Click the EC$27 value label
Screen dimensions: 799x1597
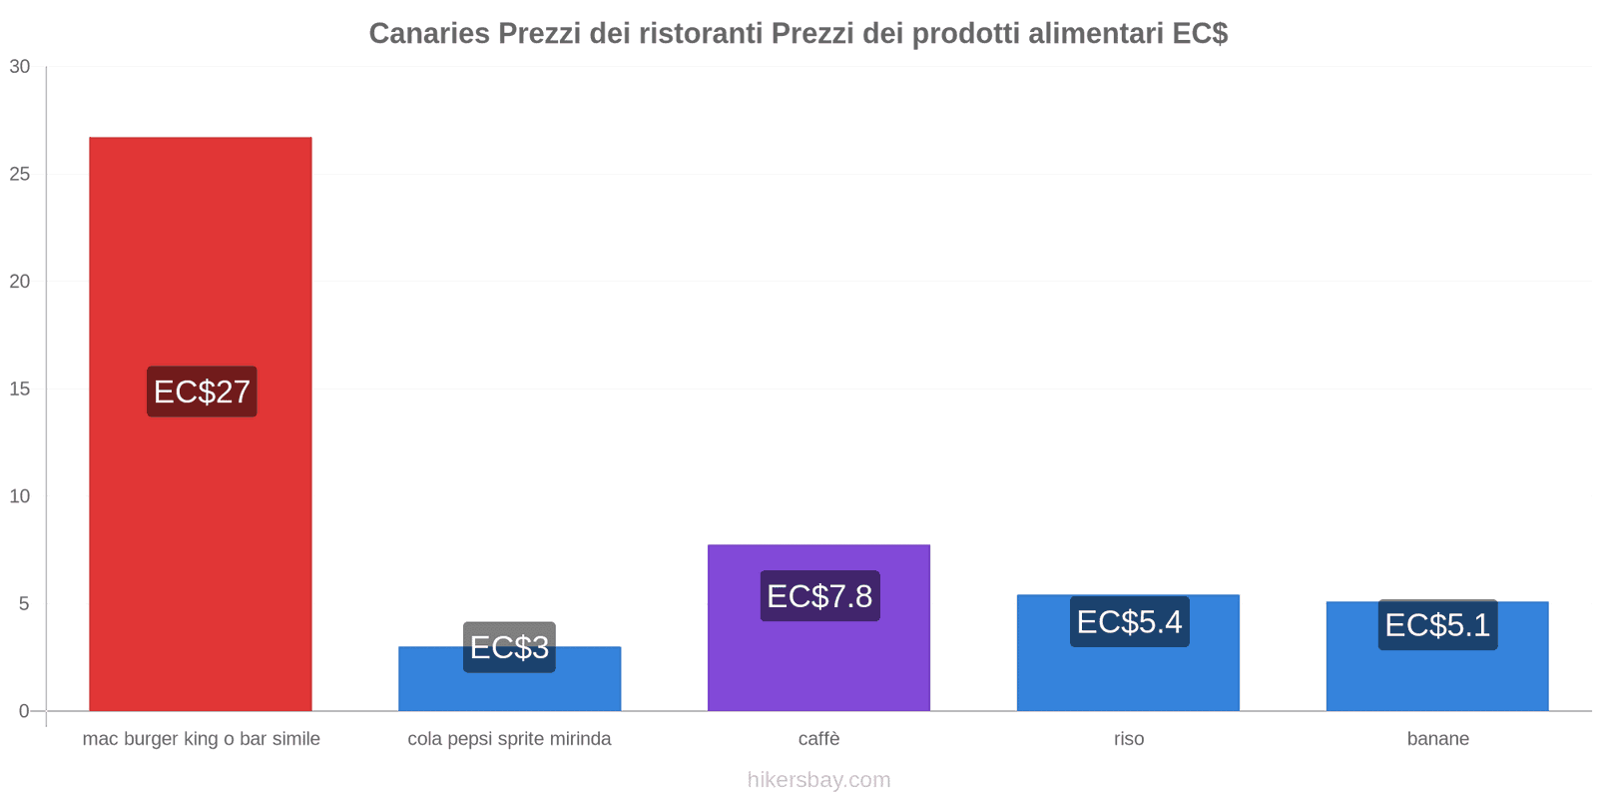point(202,392)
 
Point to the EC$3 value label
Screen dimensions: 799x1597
point(509,647)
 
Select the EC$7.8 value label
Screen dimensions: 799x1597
point(819,596)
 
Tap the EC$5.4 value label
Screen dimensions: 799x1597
point(1129,622)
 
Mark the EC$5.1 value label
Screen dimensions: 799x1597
point(1437,625)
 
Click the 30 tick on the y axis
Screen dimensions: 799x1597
point(20,67)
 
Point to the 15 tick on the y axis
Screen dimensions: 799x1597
point(20,390)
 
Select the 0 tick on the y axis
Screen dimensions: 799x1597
point(24,711)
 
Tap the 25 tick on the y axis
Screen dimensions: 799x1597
point(20,175)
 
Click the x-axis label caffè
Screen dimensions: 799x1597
point(818,739)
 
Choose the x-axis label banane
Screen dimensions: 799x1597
point(1437,739)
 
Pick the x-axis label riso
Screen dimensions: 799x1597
point(1129,739)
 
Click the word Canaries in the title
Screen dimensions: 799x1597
point(429,34)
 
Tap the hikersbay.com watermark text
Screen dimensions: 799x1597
point(818,780)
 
